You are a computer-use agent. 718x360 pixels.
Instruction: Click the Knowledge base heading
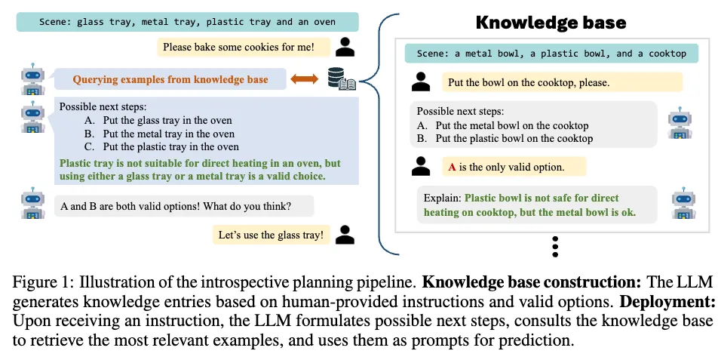pyautogui.click(x=551, y=23)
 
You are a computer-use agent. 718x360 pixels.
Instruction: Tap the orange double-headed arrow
pyautogui.click(x=304, y=79)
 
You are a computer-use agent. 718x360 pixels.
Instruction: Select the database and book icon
pyautogui.click(x=342, y=78)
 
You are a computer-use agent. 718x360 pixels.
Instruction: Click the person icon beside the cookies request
pyautogui.click(x=345, y=47)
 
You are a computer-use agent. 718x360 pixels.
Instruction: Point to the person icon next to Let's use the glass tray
pyautogui.click(x=345, y=235)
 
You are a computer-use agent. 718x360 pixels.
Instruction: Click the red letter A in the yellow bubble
pyautogui.click(x=452, y=167)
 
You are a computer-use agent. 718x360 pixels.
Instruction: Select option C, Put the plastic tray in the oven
pyautogui.click(x=161, y=146)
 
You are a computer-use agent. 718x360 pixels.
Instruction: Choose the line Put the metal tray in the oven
pyautogui.click(x=159, y=134)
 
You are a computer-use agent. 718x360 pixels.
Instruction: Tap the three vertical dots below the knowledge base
pyautogui.click(x=555, y=246)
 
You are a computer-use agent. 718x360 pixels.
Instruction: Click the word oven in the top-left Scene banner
pyautogui.click(x=324, y=22)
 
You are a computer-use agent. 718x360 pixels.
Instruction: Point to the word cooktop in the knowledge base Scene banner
pyautogui.click(x=667, y=54)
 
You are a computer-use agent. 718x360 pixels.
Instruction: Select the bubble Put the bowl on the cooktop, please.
pyautogui.click(x=562, y=82)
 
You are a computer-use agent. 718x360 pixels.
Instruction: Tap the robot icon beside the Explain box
pyautogui.click(x=683, y=203)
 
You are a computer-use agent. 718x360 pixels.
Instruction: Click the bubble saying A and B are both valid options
pyautogui.click(x=184, y=206)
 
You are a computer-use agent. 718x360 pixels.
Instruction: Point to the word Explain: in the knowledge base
pyautogui.click(x=442, y=198)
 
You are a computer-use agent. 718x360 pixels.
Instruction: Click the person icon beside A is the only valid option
pyautogui.click(x=421, y=166)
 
